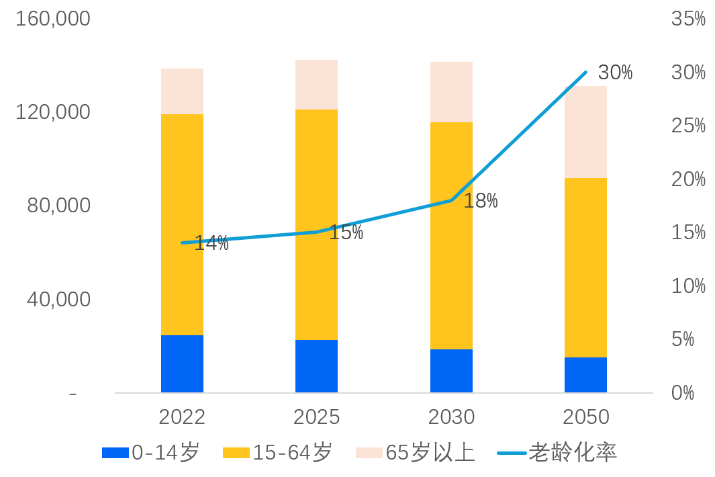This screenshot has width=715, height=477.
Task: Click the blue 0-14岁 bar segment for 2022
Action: click(182, 363)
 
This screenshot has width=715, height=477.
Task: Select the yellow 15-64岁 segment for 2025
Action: click(316, 224)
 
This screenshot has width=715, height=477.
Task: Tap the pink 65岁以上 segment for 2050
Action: click(585, 132)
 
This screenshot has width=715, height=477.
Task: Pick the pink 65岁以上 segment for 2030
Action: click(451, 92)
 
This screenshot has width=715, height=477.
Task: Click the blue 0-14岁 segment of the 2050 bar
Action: click(585, 374)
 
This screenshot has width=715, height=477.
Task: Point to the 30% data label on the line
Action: click(615, 73)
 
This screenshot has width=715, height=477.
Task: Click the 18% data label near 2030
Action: click(481, 200)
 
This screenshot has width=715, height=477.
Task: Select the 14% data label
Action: click(211, 244)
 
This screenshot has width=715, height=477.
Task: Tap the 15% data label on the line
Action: click(346, 233)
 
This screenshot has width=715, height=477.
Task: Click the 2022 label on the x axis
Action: click(182, 417)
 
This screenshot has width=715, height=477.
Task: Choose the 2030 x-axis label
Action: click(451, 417)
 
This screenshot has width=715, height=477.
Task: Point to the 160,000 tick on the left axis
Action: click(53, 19)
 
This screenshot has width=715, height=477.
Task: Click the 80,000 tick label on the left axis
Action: click(58, 206)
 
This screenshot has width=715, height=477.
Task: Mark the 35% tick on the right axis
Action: click(688, 19)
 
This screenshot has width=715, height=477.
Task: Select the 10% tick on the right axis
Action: click(688, 286)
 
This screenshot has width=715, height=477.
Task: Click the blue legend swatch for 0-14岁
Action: click(115, 453)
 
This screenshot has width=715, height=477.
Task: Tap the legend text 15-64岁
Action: click(292, 453)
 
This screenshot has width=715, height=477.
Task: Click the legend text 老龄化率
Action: click(572, 453)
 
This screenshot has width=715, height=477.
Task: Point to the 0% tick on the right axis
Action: click(683, 393)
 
